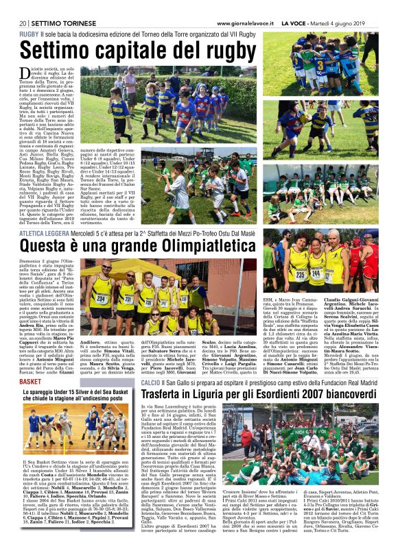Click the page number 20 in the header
pos(23,23)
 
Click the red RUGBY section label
pos(29,34)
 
